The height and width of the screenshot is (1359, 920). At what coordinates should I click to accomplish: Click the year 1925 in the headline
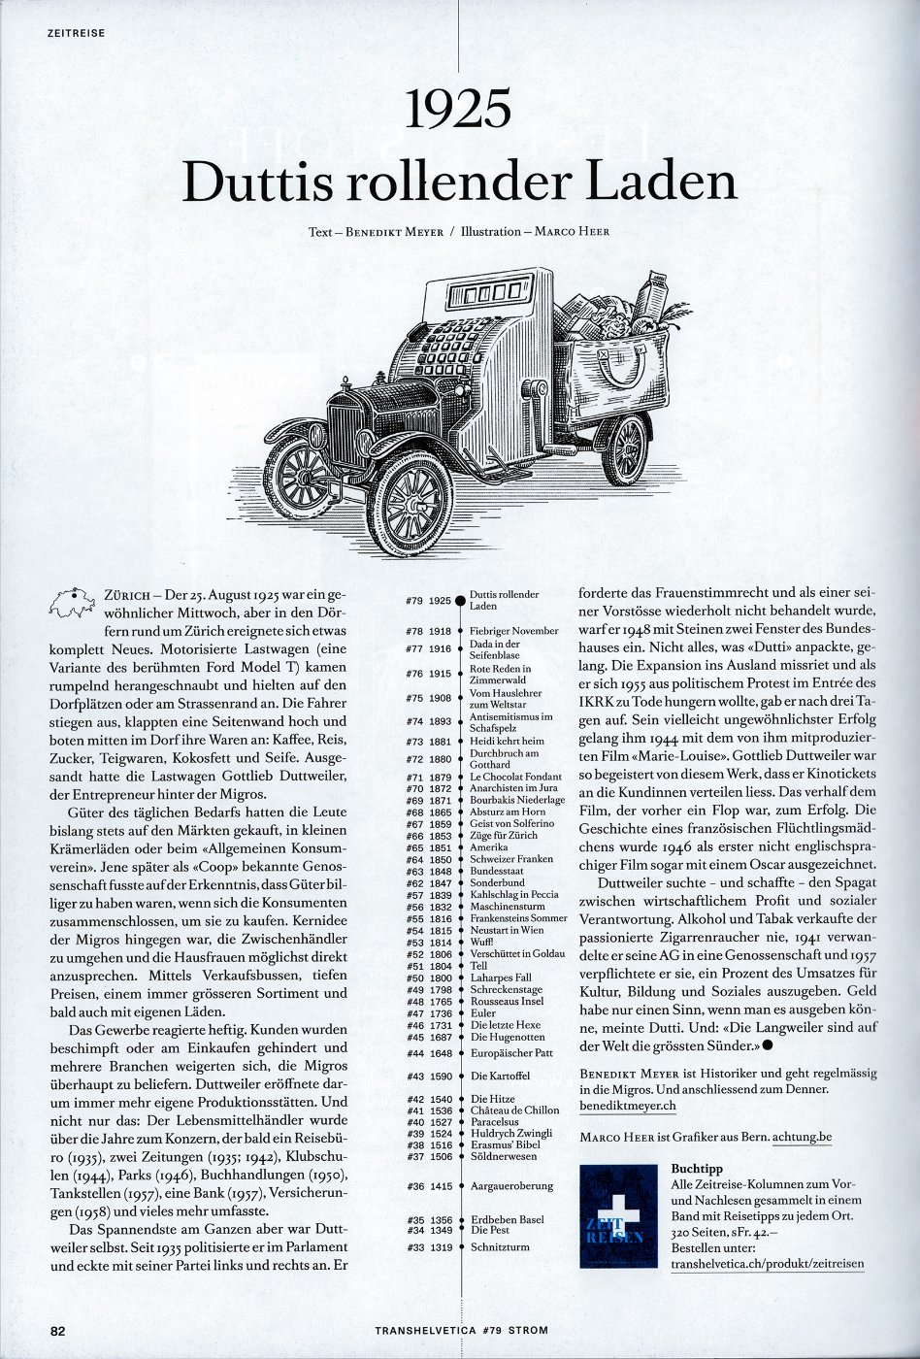tap(459, 109)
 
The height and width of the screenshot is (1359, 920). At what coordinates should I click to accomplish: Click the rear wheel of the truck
tap(626, 448)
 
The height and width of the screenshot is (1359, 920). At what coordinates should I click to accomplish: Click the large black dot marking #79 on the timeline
tap(460, 602)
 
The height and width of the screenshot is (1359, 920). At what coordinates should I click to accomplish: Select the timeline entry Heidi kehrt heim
tap(506, 741)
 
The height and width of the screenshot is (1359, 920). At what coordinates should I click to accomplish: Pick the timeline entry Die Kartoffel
tap(500, 1076)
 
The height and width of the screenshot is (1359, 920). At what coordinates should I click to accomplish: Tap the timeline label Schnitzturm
tap(500, 1246)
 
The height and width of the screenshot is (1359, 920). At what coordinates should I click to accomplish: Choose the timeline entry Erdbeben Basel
tap(506, 1219)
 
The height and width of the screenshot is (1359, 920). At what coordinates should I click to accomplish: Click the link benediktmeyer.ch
tap(627, 1105)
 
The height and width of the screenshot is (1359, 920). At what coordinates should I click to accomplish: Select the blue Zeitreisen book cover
tap(618, 1216)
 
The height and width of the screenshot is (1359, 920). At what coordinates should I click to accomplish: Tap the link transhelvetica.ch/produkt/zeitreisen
tap(767, 1264)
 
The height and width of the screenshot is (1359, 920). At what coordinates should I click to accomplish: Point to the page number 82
tap(57, 1331)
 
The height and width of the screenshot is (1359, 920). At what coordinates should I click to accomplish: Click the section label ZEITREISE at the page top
tap(76, 33)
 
